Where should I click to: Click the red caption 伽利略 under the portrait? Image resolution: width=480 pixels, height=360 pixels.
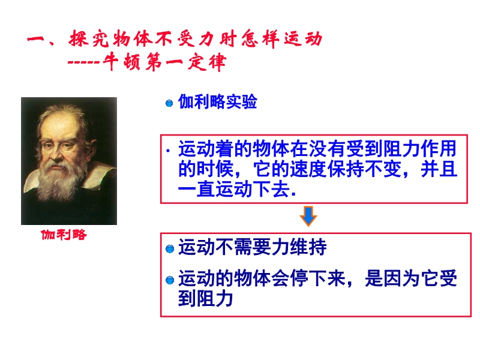64,235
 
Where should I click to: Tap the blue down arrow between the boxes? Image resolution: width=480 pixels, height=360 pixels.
308,216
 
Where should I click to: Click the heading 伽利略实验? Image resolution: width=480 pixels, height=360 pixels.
218,102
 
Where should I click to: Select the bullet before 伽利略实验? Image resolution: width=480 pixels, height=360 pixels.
169,103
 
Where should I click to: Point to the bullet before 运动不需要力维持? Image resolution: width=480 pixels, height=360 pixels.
170,249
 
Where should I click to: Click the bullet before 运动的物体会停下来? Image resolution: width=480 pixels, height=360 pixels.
170,280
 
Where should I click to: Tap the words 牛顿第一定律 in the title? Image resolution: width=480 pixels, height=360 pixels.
164,62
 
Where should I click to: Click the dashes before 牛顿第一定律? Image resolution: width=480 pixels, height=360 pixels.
84,63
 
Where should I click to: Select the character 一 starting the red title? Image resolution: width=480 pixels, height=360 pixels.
36,40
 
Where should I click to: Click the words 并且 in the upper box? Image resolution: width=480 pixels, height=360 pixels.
439,169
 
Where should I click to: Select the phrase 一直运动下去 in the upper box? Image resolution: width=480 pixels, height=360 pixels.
233,189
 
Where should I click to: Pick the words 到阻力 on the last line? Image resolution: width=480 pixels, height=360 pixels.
205,298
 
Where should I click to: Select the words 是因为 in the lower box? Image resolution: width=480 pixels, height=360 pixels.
392,278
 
